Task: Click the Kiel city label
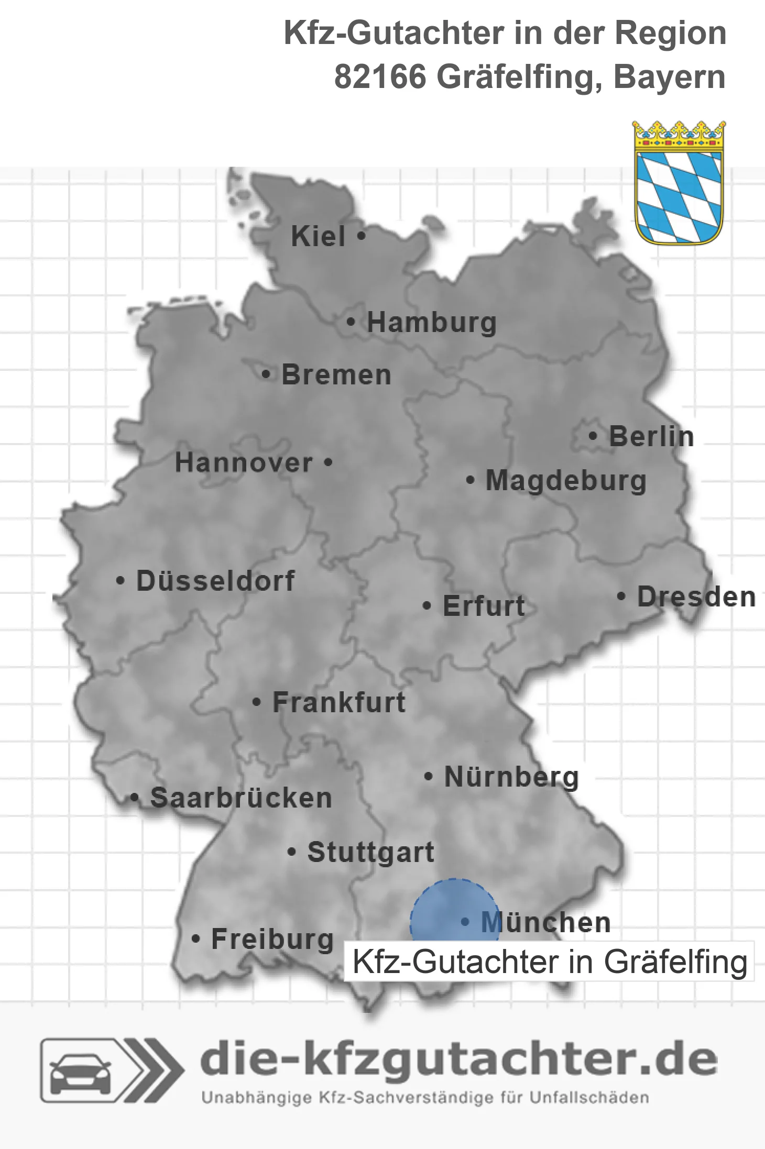318,236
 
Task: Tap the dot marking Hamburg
351,322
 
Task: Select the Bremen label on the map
336,375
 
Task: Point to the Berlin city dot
593,436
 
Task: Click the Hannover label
244,462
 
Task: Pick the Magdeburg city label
566,480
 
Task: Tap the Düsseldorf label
215,581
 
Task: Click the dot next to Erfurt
427,606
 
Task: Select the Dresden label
696,596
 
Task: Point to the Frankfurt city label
339,702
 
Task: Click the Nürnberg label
511,777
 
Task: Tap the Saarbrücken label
241,798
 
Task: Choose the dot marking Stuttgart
292,852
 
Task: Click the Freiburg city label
272,939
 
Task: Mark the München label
546,922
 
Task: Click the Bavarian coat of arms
679,183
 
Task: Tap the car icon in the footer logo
80,1070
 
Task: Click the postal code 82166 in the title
380,78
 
